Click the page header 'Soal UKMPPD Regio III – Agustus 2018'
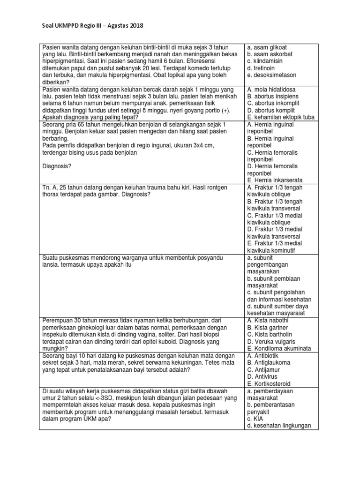point(89,25)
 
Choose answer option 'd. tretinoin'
point(262,68)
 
